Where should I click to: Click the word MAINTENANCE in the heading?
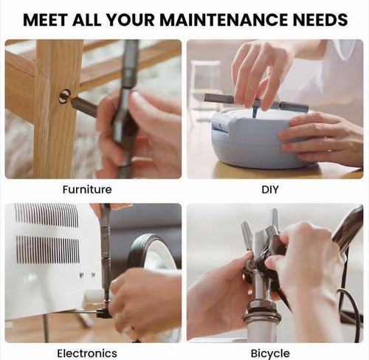click(x=224, y=19)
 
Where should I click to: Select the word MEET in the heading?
click(x=45, y=19)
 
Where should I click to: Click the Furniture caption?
click(x=87, y=190)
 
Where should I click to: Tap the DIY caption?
click(x=270, y=190)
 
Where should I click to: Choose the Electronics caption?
click(x=87, y=353)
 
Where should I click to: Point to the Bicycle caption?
click(x=270, y=354)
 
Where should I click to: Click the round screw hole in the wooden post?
click(x=65, y=96)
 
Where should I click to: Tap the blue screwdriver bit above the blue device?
click(x=255, y=111)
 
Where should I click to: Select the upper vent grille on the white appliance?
click(x=46, y=215)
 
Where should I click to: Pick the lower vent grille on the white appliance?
click(x=48, y=249)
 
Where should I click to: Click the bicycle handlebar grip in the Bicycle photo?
click(x=348, y=231)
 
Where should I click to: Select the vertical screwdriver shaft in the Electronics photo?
click(x=106, y=251)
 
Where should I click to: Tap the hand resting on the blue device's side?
click(x=323, y=138)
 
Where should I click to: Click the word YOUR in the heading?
click(x=131, y=19)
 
